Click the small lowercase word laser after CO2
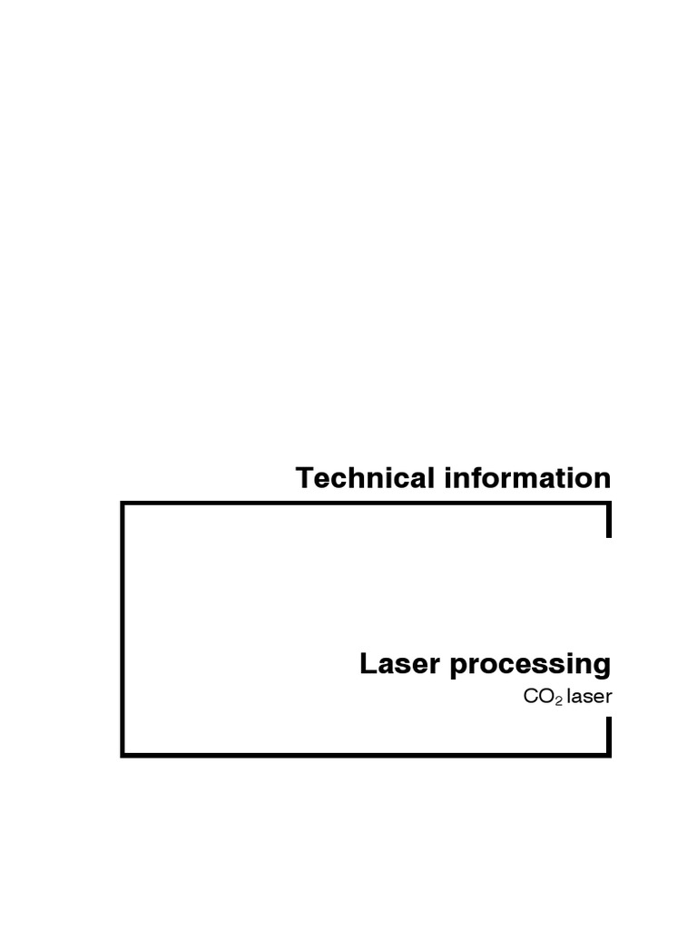[590, 697]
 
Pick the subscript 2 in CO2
[559, 700]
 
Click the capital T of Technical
[306, 478]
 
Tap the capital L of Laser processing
[367, 664]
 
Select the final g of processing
[602, 667]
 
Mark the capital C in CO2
[532, 697]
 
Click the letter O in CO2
[546, 697]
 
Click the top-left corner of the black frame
[123, 504]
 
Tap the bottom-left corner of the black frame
[123, 754]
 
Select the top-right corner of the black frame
[609, 504]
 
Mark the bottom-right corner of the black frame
[609, 754]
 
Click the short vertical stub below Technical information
[609, 523]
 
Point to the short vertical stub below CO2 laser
[609, 735]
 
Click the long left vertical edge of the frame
[123, 629]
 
